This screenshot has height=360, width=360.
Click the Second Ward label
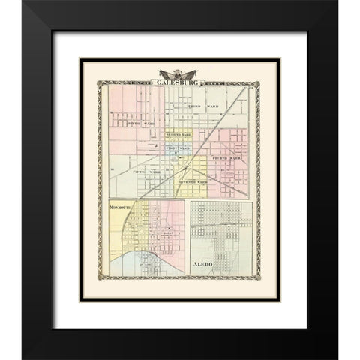pos(178,135)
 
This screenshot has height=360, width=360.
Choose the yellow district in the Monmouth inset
pos(124,240)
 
